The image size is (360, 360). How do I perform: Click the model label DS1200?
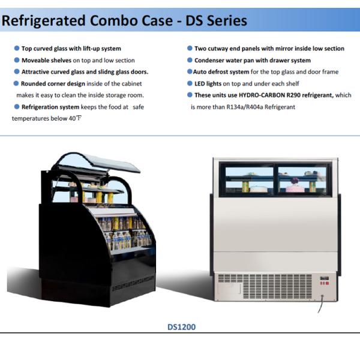click(181, 327)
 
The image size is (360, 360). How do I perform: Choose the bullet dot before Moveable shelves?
click(16, 60)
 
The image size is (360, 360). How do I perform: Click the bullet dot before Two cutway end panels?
click(190, 49)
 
